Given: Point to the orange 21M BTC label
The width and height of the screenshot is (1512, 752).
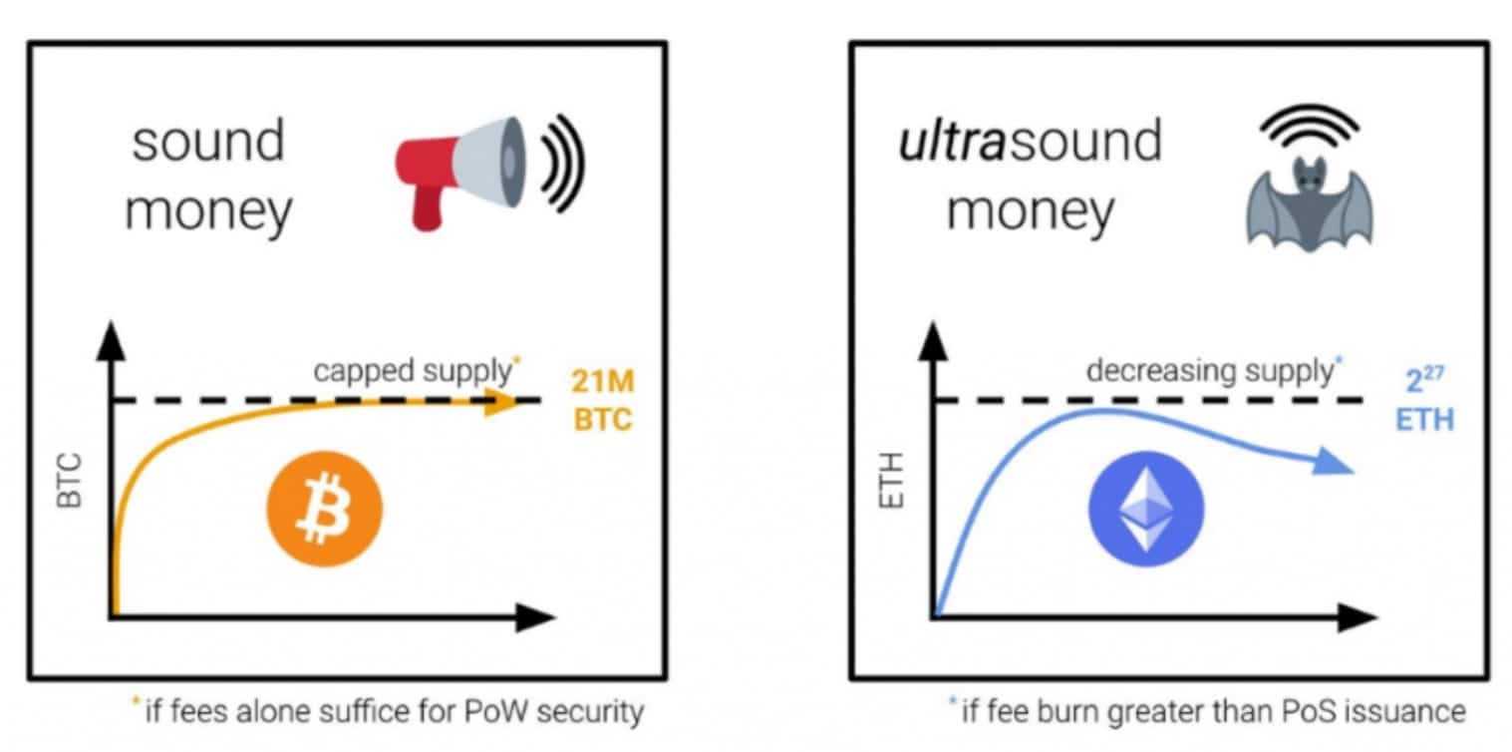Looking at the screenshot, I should click(x=602, y=400).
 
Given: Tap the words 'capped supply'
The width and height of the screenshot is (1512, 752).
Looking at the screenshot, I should click(x=411, y=370).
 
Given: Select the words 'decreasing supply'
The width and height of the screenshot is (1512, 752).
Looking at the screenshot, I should click(x=1208, y=370).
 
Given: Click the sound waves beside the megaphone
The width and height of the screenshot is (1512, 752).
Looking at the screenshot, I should click(x=561, y=161).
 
